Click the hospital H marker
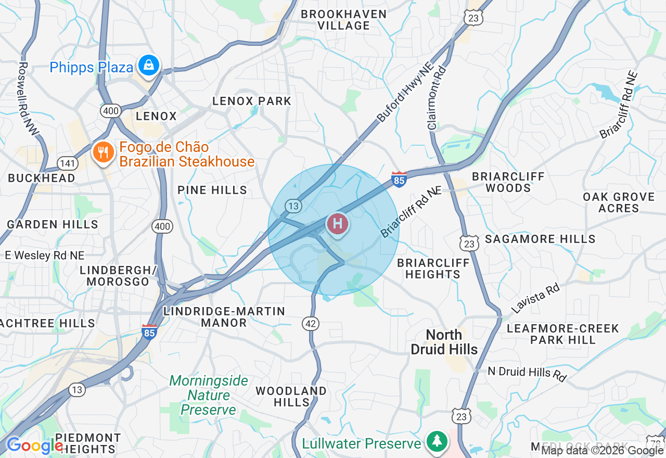tap(337, 224)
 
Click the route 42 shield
tap(311, 324)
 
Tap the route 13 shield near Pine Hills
tap(293, 206)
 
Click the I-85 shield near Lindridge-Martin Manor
tap(149, 331)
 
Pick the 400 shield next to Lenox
tap(111, 110)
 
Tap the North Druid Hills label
tap(444, 342)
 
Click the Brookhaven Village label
tap(343, 20)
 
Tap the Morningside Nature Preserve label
tap(209, 395)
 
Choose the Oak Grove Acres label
tap(618, 202)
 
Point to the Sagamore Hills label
tap(540, 239)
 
